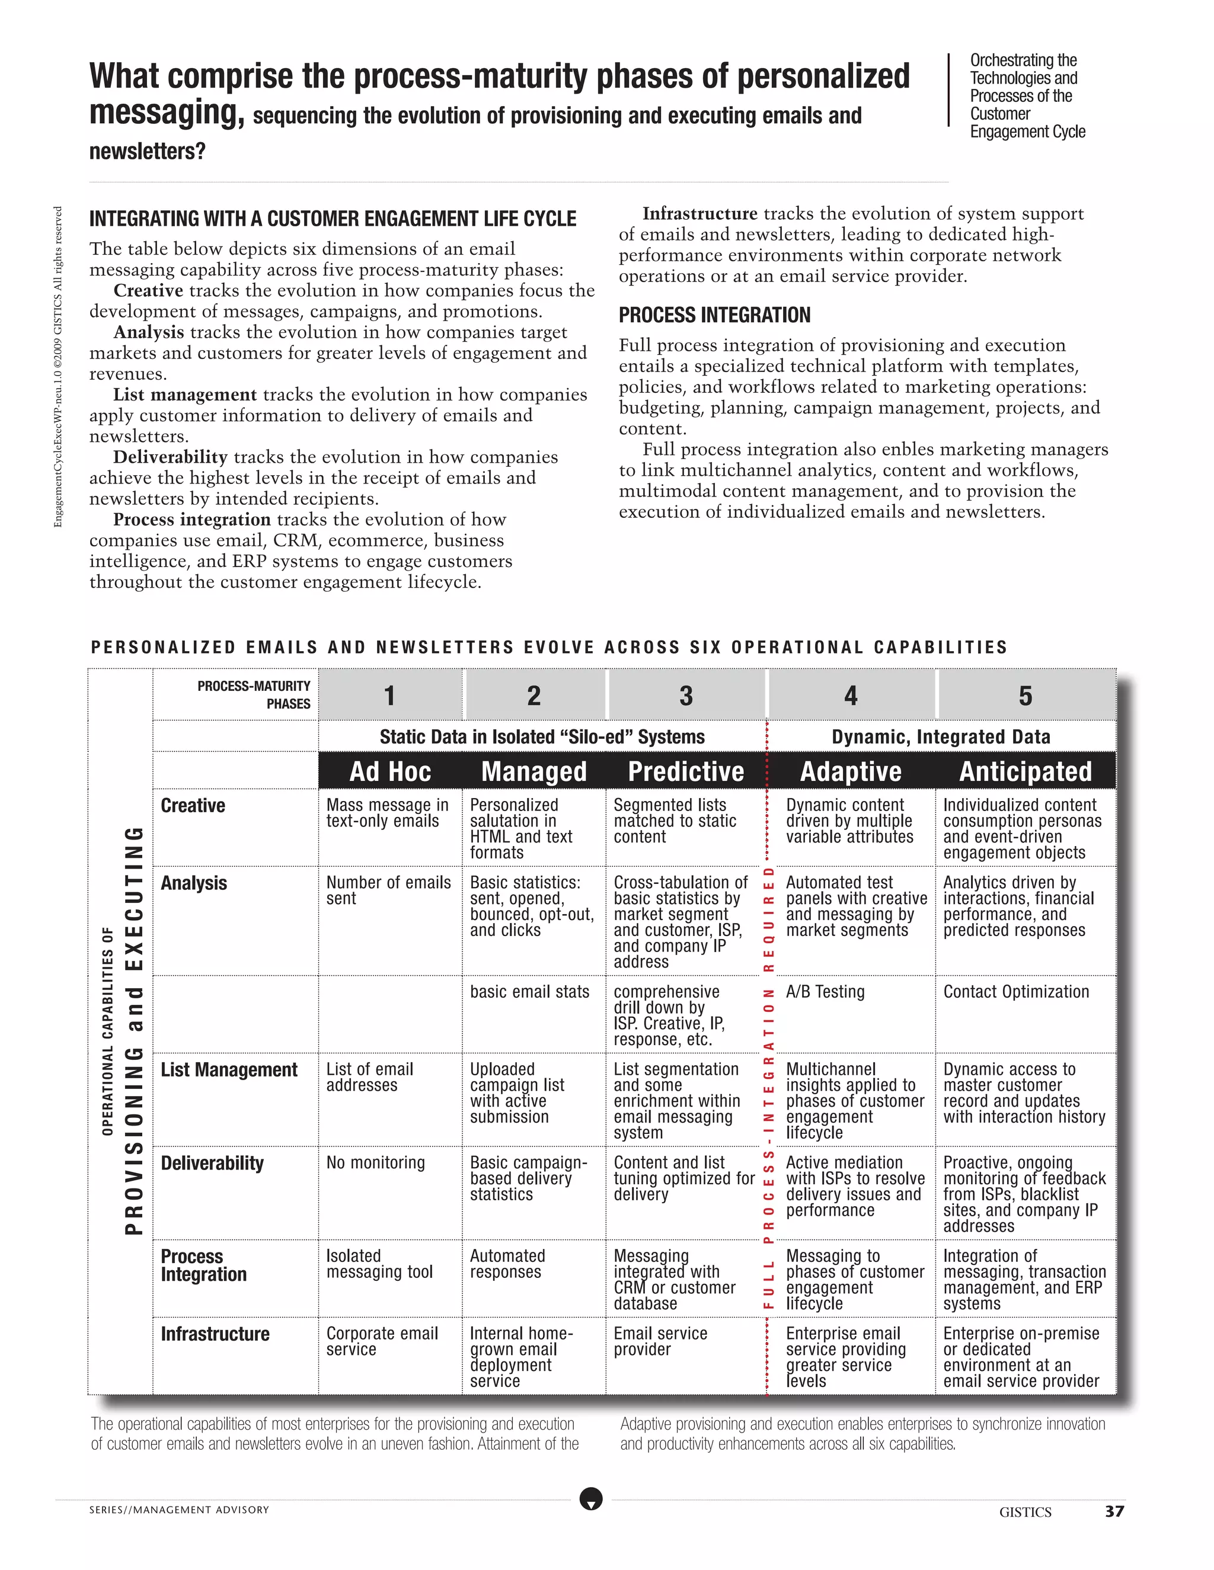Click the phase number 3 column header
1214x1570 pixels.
(x=685, y=696)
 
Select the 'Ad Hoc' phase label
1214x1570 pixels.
(x=390, y=771)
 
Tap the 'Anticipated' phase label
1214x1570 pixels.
(x=1025, y=771)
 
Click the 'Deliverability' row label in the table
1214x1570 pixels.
(x=212, y=1163)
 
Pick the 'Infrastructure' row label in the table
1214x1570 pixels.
(x=215, y=1334)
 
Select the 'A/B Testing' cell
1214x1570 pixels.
(x=825, y=992)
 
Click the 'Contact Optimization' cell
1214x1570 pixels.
(x=1015, y=992)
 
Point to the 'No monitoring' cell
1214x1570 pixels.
(x=375, y=1163)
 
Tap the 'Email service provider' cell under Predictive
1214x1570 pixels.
(x=660, y=1341)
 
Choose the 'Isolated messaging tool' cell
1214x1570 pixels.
(x=379, y=1264)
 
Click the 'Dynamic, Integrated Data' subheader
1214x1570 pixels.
(x=941, y=737)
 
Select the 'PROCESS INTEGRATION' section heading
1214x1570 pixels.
(x=714, y=315)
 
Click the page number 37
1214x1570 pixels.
(x=1114, y=1512)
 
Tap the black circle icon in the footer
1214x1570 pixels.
(x=590, y=1499)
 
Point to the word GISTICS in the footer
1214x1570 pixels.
(x=1025, y=1513)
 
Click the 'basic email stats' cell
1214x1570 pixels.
(x=529, y=992)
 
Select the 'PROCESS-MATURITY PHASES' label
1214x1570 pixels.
(x=254, y=694)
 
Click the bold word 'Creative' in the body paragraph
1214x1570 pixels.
(x=148, y=290)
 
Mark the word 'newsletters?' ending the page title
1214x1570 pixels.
(x=147, y=152)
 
